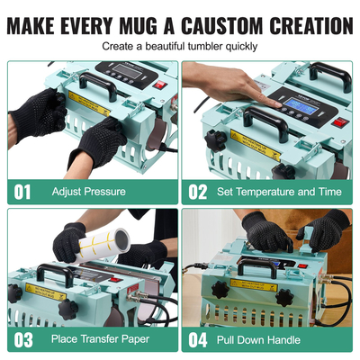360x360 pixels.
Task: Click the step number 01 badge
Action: (22, 191)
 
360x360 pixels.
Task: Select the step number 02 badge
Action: (198, 191)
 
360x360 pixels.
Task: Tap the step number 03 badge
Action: (22, 339)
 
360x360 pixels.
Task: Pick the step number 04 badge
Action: (198, 339)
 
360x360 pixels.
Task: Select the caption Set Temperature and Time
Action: (278, 192)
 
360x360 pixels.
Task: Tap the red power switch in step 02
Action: (340, 122)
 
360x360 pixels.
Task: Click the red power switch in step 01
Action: (159, 85)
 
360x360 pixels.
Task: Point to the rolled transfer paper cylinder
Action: (103, 239)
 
